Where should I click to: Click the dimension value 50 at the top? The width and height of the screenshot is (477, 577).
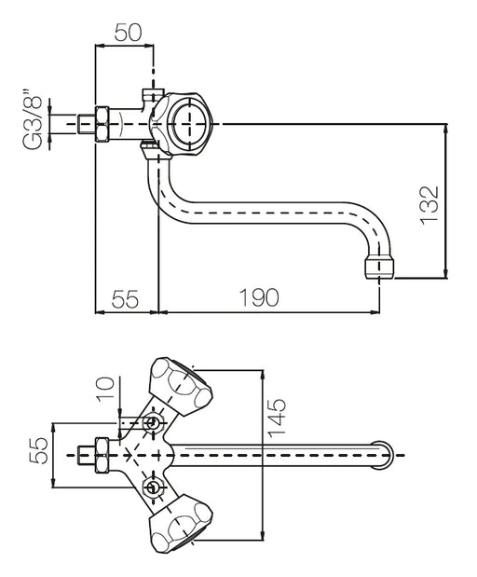tap(128, 33)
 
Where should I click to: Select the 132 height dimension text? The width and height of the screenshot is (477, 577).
tap(429, 205)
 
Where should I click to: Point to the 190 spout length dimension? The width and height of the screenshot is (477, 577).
tap(259, 297)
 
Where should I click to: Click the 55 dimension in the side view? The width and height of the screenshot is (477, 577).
tap(126, 298)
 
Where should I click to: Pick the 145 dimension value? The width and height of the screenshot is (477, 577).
tap(277, 418)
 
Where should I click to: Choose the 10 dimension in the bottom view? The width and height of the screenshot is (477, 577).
tap(105, 389)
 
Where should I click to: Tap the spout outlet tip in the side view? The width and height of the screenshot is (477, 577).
tap(379, 268)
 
